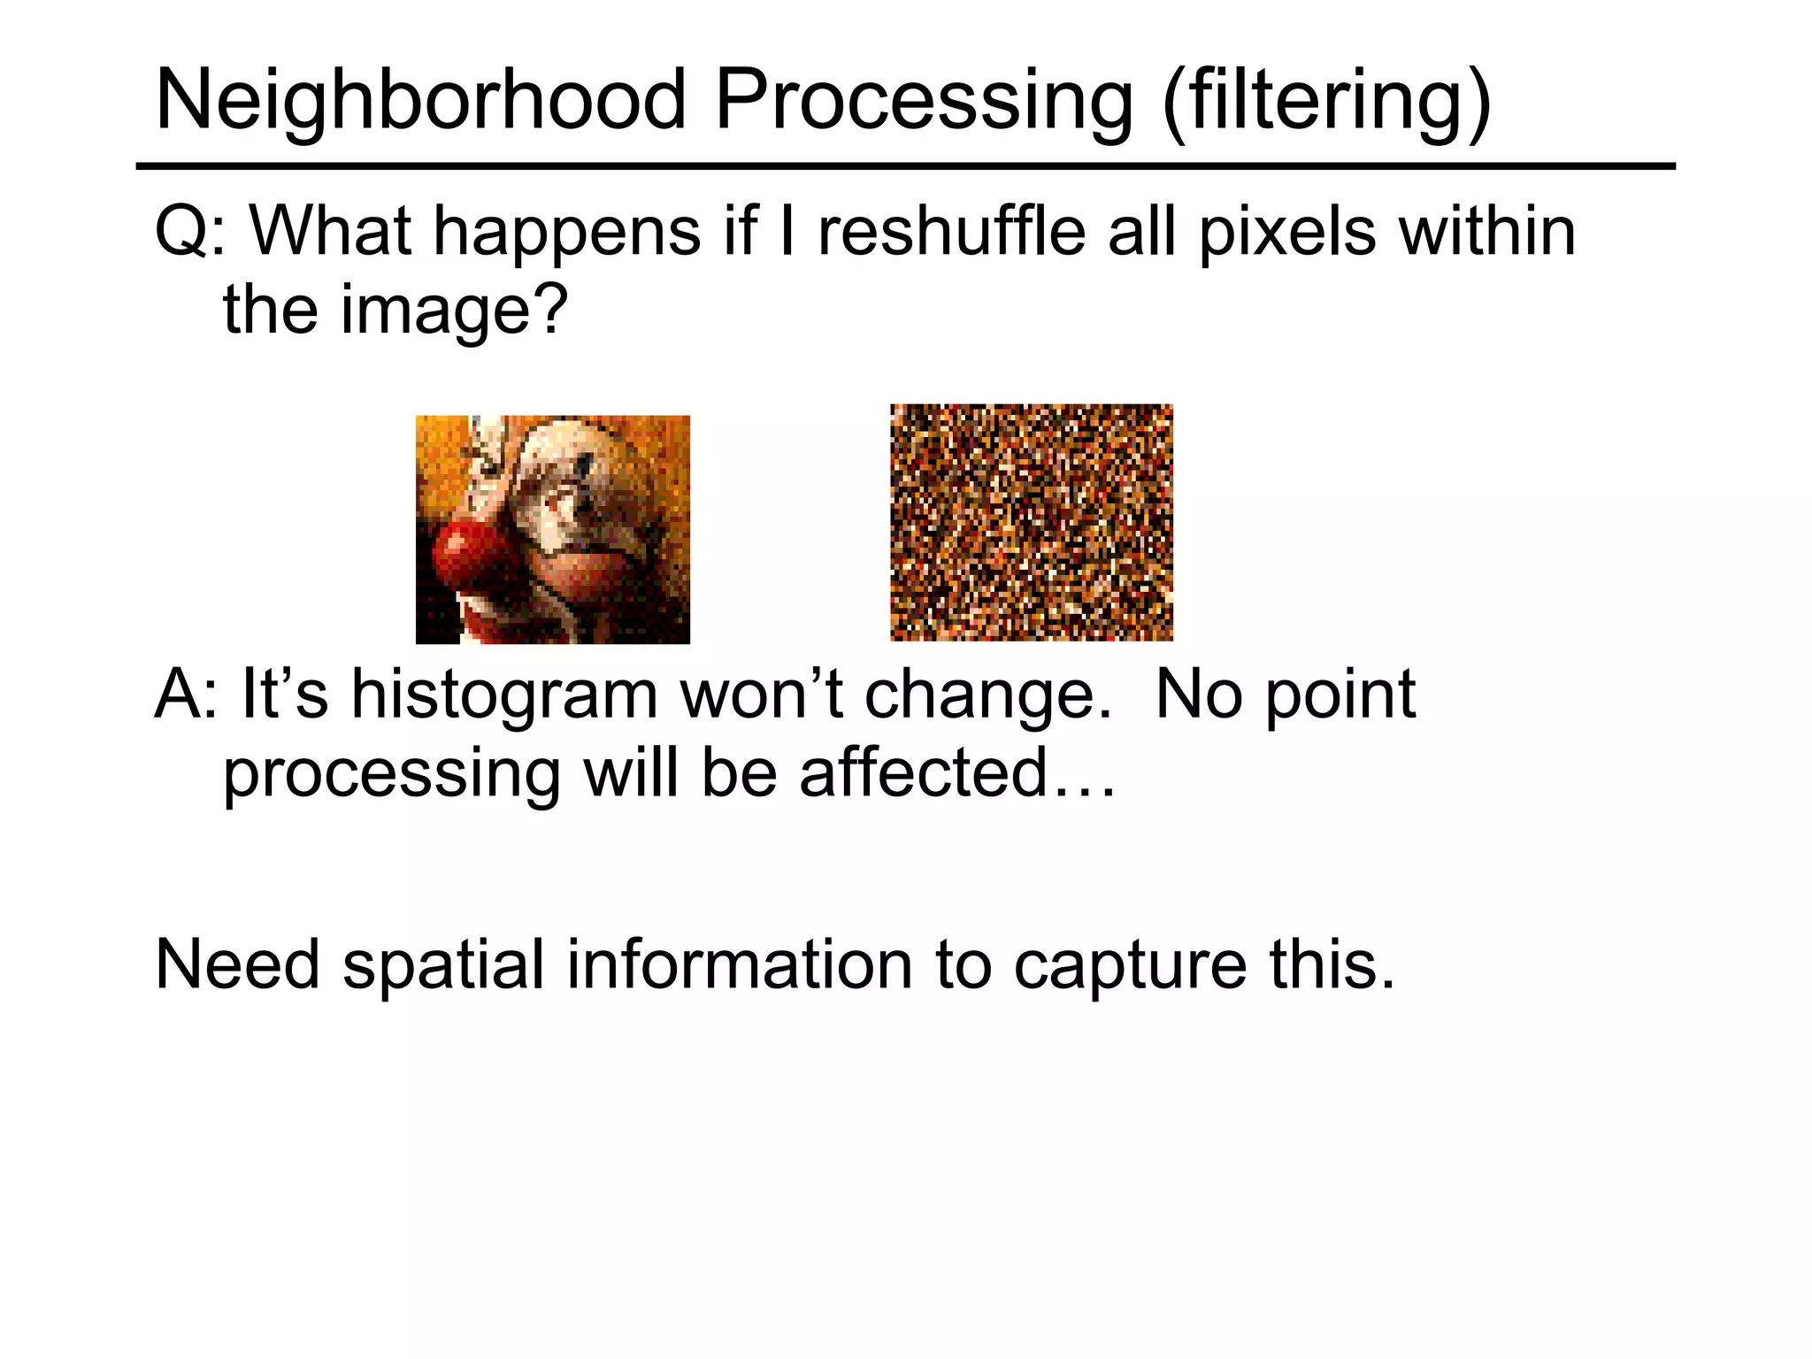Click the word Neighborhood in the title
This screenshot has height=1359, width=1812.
tap(421, 100)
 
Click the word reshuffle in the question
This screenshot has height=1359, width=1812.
tap(951, 232)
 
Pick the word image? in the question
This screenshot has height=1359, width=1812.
tap(453, 311)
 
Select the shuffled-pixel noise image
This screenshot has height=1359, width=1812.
tap(1031, 522)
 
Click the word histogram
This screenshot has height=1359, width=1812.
tap(504, 696)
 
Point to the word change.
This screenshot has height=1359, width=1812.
tap(987, 696)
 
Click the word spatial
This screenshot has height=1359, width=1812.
tap(442, 966)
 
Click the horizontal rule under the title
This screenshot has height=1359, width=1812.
tap(905, 166)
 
